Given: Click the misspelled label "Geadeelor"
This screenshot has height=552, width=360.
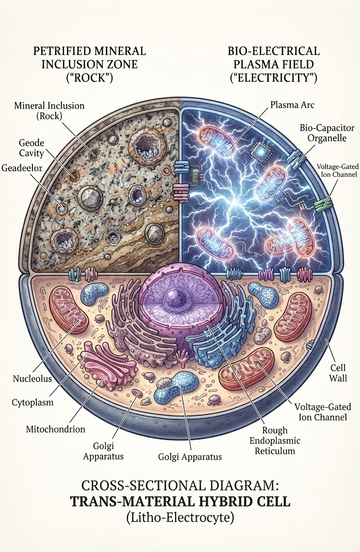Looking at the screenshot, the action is pyautogui.click(x=22, y=168).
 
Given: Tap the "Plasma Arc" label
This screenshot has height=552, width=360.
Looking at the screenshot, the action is pyautogui.click(x=292, y=105).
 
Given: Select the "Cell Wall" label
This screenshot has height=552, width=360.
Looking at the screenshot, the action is pyautogui.click(x=338, y=373).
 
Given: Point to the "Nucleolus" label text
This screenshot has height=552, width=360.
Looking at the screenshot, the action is pyautogui.click(x=32, y=379).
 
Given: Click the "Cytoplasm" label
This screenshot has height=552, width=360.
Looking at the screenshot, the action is pyautogui.click(x=32, y=402).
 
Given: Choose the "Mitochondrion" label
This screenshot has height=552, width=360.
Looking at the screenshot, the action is pyautogui.click(x=56, y=429).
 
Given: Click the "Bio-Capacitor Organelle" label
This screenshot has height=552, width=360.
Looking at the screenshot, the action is pyautogui.click(x=327, y=133).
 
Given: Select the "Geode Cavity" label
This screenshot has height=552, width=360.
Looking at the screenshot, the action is pyautogui.click(x=32, y=148).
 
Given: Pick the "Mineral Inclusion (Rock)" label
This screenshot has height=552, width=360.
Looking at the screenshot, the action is pyautogui.click(x=49, y=110).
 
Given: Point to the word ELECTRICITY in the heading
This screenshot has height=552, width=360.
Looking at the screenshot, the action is pyautogui.click(x=273, y=77).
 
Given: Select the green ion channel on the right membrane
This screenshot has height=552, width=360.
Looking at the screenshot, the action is pyautogui.click(x=324, y=204).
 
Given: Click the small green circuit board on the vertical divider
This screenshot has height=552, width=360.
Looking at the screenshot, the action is pyautogui.click(x=196, y=175).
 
